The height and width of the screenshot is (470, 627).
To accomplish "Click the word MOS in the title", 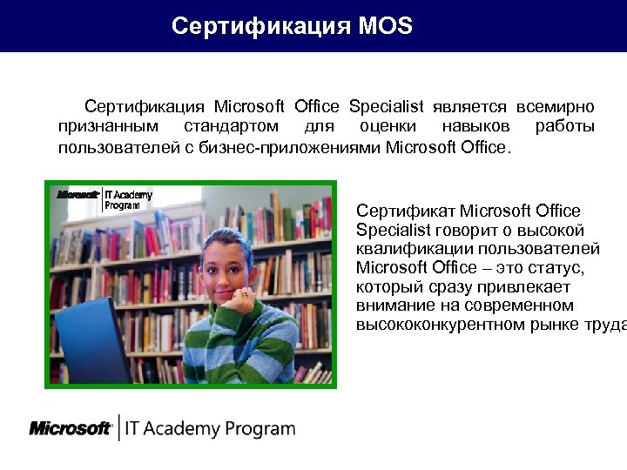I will (385, 26).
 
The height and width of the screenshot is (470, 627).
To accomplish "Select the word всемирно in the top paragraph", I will (555, 107).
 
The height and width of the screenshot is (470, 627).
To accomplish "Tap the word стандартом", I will (232, 127).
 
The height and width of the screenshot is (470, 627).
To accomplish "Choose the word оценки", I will (387, 127).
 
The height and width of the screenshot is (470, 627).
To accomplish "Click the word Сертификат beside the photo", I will (405, 211).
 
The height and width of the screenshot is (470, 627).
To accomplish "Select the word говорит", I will (471, 230).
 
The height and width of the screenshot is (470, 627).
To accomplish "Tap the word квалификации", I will (407, 249).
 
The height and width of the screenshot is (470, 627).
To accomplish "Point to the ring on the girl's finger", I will (245, 294).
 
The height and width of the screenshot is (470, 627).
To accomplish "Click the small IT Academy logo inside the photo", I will (104, 198).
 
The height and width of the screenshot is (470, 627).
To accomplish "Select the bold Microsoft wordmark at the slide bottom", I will (70, 428).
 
